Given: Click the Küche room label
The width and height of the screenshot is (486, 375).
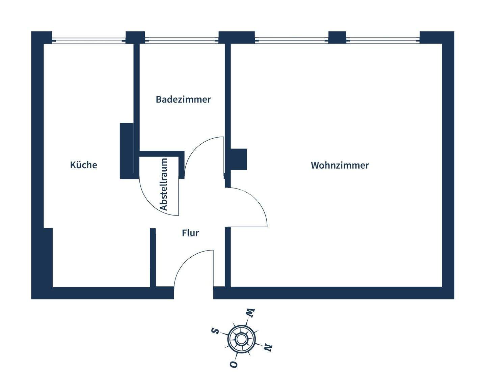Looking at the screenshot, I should click(x=83, y=165).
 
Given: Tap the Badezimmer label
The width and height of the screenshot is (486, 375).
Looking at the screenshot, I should click(x=183, y=99).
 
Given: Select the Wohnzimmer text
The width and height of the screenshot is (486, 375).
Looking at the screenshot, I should click(x=340, y=165).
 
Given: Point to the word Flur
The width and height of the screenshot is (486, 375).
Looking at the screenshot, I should click(x=190, y=233).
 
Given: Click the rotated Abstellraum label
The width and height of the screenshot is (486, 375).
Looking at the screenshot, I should click(x=164, y=184).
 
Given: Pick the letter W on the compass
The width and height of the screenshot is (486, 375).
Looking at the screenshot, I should click(x=250, y=313).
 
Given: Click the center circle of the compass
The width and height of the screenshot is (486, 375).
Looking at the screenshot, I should click(x=241, y=339).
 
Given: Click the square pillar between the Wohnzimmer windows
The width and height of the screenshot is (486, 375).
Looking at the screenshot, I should click(x=337, y=37).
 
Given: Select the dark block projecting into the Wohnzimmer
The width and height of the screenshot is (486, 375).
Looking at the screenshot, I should click(x=239, y=159).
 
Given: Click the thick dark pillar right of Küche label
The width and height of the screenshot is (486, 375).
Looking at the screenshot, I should click(x=127, y=150).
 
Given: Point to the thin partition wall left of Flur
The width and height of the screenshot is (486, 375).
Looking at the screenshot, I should click(x=153, y=258).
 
